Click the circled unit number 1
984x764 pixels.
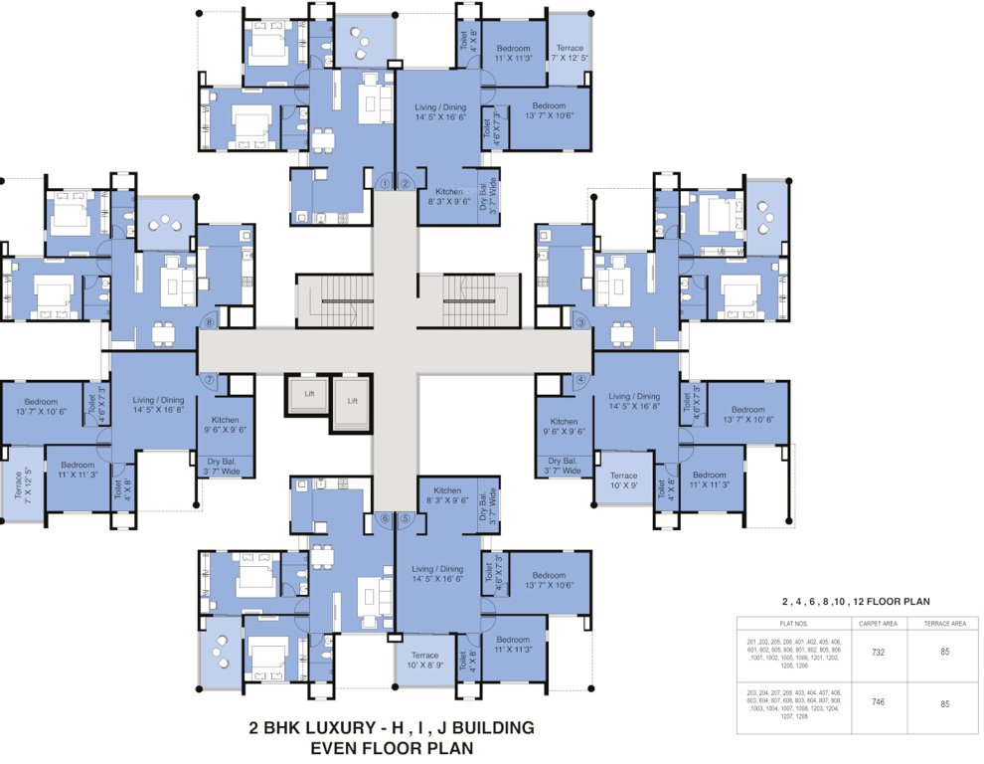click(385, 182)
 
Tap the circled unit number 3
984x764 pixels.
click(580, 323)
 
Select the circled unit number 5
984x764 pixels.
click(405, 518)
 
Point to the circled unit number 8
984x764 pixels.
click(209, 321)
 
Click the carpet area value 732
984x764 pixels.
click(878, 653)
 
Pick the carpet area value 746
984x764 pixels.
click(878, 702)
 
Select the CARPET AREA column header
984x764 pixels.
click(878, 624)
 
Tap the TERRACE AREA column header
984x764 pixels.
click(943, 624)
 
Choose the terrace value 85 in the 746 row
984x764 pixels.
click(943, 703)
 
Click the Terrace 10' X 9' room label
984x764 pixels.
click(623, 481)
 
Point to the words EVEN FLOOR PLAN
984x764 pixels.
click(391, 747)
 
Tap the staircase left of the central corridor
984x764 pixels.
click(335, 300)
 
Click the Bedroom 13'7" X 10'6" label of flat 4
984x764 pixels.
click(747, 415)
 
